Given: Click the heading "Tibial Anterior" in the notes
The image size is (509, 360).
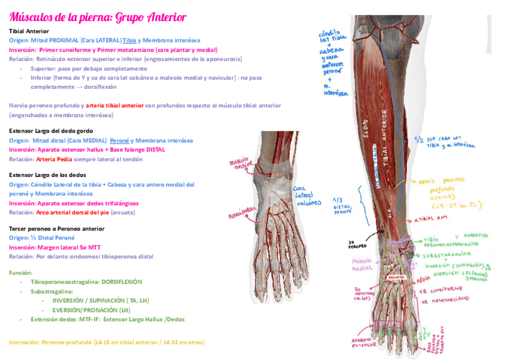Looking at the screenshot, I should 29,31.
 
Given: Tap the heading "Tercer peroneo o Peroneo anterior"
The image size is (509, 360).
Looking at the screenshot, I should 56,229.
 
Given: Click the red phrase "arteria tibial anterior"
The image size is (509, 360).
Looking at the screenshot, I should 115,105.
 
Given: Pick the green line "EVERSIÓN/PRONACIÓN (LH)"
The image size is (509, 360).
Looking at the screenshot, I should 91,310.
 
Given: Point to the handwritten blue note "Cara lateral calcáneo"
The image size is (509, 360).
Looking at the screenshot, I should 300,195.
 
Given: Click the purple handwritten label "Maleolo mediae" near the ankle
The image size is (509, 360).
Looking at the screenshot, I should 363,264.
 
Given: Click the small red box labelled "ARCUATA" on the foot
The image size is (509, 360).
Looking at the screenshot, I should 396,278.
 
